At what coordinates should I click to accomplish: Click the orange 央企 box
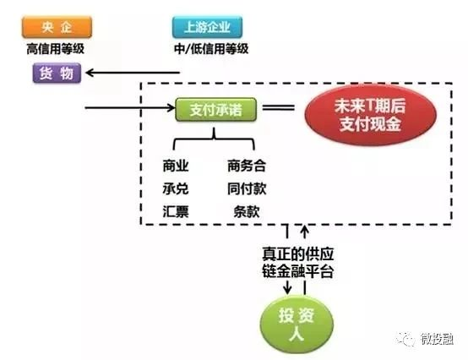pyautogui.click(x=57, y=27)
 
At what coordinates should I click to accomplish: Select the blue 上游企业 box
pyautogui.click(x=208, y=27)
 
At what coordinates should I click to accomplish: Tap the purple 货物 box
pyautogui.click(x=57, y=73)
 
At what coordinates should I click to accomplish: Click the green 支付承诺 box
pyautogui.click(x=215, y=110)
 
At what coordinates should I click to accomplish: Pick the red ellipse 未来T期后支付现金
pyautogui.click(x=370, y=115)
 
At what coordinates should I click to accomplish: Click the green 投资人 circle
pyautogui.click(x=297, y=325)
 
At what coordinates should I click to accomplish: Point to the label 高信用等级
pyautogui.click(x=56, y=49)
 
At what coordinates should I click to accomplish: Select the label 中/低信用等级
pyautogui.click(x=211, y=49)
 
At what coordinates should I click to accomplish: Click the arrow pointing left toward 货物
pyautogui.click(x=133, y=73)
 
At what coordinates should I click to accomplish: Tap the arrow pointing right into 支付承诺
pyautogui.click(x=130, y=107)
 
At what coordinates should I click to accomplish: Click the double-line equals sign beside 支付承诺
pyautogui.click(x=279, y=107)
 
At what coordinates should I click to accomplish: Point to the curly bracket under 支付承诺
pyautogui.click(x=214, y=139)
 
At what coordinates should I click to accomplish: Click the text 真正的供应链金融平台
pyautogui.click(x=297, y=263)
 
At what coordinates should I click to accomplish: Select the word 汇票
pyautogui.click(x=176, y=211)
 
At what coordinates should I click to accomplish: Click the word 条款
pyautogui.click(x=247, y=211)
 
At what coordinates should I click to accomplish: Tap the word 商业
pyautogui.click(x=176, y=166)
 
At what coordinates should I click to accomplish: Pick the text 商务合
pyautogui.click(x=247, y=166)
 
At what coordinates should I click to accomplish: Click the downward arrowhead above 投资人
pyautogui.click(x=287, y=289)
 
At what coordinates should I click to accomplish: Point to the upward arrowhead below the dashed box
pyautogui.click(x=305, y=230)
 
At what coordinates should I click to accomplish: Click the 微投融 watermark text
pyautogui.click(x=437, y=339)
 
